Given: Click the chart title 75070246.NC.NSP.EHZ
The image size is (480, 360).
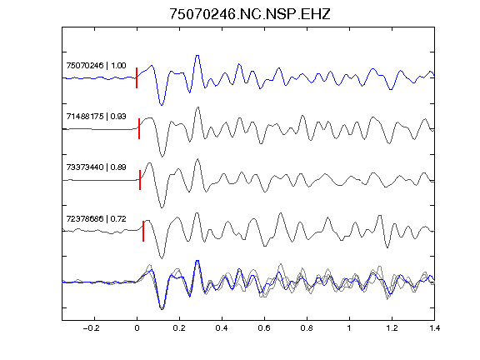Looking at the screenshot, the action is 250,14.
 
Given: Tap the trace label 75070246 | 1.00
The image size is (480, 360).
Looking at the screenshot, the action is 96,66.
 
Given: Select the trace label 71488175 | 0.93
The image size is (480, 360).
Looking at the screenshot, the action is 96,117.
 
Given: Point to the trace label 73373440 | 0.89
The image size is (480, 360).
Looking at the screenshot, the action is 96,167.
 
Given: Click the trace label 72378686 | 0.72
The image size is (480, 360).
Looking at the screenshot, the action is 96,219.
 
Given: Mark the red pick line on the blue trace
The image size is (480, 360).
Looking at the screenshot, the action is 137,77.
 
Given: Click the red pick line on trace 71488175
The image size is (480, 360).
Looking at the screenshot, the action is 139,128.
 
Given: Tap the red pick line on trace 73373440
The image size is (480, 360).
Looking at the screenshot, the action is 140,180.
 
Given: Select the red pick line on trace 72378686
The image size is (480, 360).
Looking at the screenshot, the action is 143,231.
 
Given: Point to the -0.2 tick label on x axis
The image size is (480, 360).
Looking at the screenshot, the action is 91,328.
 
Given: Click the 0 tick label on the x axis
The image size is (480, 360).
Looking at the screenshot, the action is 137,328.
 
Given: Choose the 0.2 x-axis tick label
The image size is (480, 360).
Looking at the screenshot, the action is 179,328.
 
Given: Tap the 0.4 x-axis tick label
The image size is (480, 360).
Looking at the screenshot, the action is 222,328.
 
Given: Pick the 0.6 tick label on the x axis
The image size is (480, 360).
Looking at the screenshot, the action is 264,328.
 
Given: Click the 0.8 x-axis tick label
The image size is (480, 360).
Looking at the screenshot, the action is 307,328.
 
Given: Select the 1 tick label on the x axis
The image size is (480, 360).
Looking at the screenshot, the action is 349,328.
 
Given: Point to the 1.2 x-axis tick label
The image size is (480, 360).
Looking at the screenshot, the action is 392,328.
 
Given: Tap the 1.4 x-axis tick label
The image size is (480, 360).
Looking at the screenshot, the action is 434,328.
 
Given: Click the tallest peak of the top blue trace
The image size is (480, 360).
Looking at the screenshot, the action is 197,56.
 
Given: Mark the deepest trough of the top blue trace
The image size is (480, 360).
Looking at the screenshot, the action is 162,105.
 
